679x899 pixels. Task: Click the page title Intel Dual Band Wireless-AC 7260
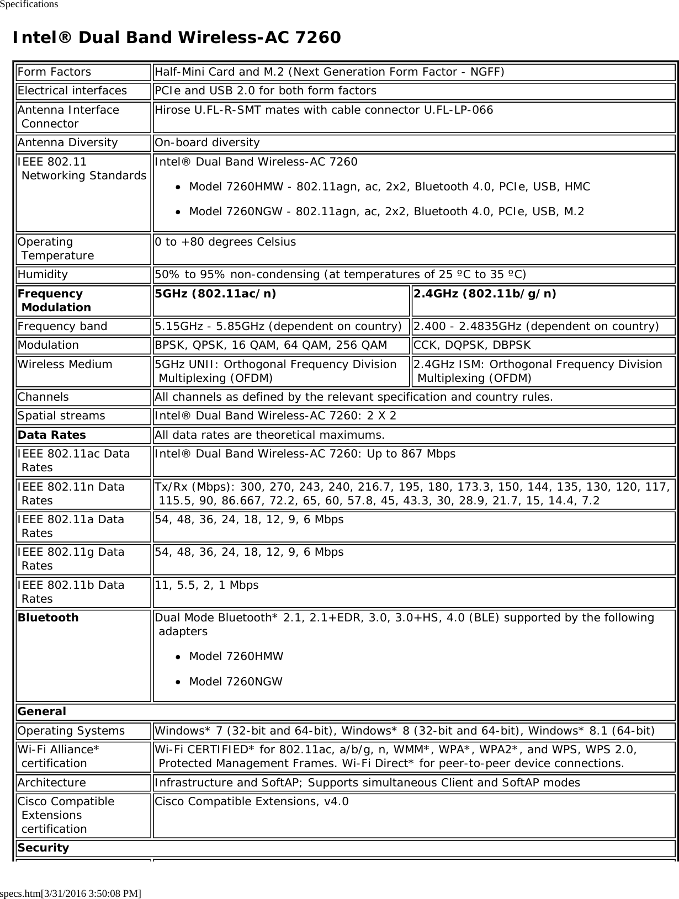(x=177, y=38)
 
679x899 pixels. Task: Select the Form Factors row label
(x=54, y=72)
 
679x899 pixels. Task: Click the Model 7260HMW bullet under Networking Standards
(x=389, y=187)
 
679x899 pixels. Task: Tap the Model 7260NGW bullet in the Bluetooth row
(x=236, y=682)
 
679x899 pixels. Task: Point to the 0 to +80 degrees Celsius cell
(x=225, y=242)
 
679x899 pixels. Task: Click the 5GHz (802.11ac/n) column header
(x=216, y=294)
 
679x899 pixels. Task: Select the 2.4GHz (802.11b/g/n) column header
(x=485, y=294)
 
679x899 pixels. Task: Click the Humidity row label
(x=43, y=275)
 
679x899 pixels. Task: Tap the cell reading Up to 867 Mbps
(x=305, y=454)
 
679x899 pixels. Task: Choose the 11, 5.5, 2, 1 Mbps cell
(x=206, y=585)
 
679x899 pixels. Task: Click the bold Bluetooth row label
(x=48, y=618)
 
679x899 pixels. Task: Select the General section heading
(x=42, y=712)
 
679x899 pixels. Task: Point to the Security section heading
(x=44, y=848)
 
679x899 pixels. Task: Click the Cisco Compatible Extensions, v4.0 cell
(x=252, y=802)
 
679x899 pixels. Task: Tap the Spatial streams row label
(x=61, y=416)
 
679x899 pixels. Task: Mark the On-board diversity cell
(x=207, y=143)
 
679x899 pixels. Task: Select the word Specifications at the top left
(x=29, y=4)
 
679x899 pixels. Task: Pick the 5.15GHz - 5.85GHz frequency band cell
(x=278, y=327)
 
